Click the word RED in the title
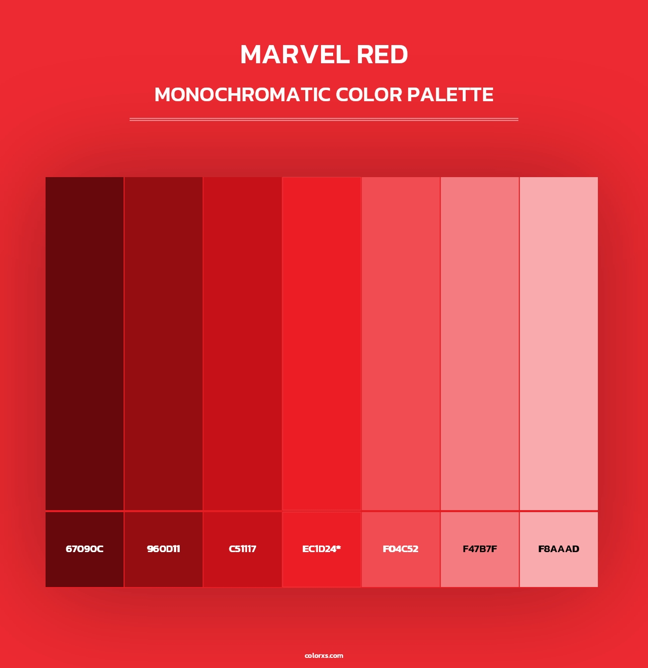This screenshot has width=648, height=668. pos(382,55)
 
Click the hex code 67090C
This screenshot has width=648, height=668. pos(85,549)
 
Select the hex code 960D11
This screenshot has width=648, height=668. pos(164,549)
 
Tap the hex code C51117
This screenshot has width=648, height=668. pos(242,549)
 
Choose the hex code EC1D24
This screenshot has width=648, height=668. pos(319,549)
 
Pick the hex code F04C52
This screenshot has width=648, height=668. pos(400,549)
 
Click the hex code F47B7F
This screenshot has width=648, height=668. pos(480,549)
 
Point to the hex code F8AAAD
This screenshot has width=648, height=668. pos(559,549)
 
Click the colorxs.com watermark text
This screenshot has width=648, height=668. pos(324,655)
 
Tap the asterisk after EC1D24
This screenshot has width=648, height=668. pos(339,548)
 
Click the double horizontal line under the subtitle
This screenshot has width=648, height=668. pos(324,119)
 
